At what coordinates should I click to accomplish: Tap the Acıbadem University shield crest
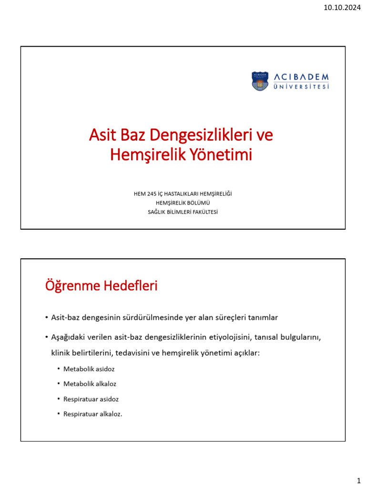coord(260,81)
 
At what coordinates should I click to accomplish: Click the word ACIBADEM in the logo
coord(302,77)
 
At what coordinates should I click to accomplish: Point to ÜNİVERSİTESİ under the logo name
coord(302,87)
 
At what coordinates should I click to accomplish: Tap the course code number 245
coord(152,193)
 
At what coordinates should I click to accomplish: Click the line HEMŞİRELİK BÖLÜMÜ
coord(183,203)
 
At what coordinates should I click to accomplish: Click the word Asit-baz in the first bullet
coord(63,317)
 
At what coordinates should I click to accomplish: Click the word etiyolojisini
coord(229,337)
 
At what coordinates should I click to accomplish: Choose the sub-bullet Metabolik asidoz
coord(89,369)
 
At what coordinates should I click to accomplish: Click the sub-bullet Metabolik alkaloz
coord(90,384)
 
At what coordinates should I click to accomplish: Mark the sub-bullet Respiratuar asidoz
coord(91,399)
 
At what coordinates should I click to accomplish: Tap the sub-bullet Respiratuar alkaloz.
coord(93,414)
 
